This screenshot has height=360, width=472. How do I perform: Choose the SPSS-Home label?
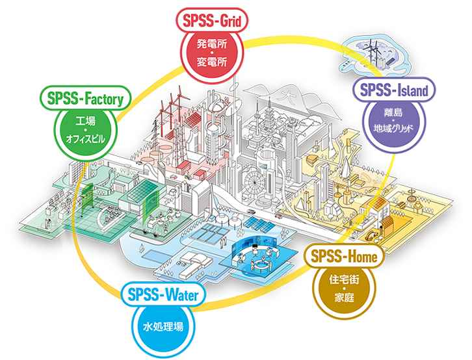click(x=345, y=257)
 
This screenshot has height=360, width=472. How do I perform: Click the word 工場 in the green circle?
click(x=86, y=120)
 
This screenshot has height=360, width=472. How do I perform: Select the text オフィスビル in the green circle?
click(x=86, y=138)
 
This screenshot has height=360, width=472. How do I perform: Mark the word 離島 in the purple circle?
click(x=391, y=111)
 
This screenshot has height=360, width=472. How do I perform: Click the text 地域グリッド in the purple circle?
click(x=391, y=129)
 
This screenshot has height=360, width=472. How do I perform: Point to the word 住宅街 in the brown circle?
click(x=345, y=281)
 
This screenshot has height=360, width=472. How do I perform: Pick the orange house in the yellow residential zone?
click(x=380, y=225)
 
